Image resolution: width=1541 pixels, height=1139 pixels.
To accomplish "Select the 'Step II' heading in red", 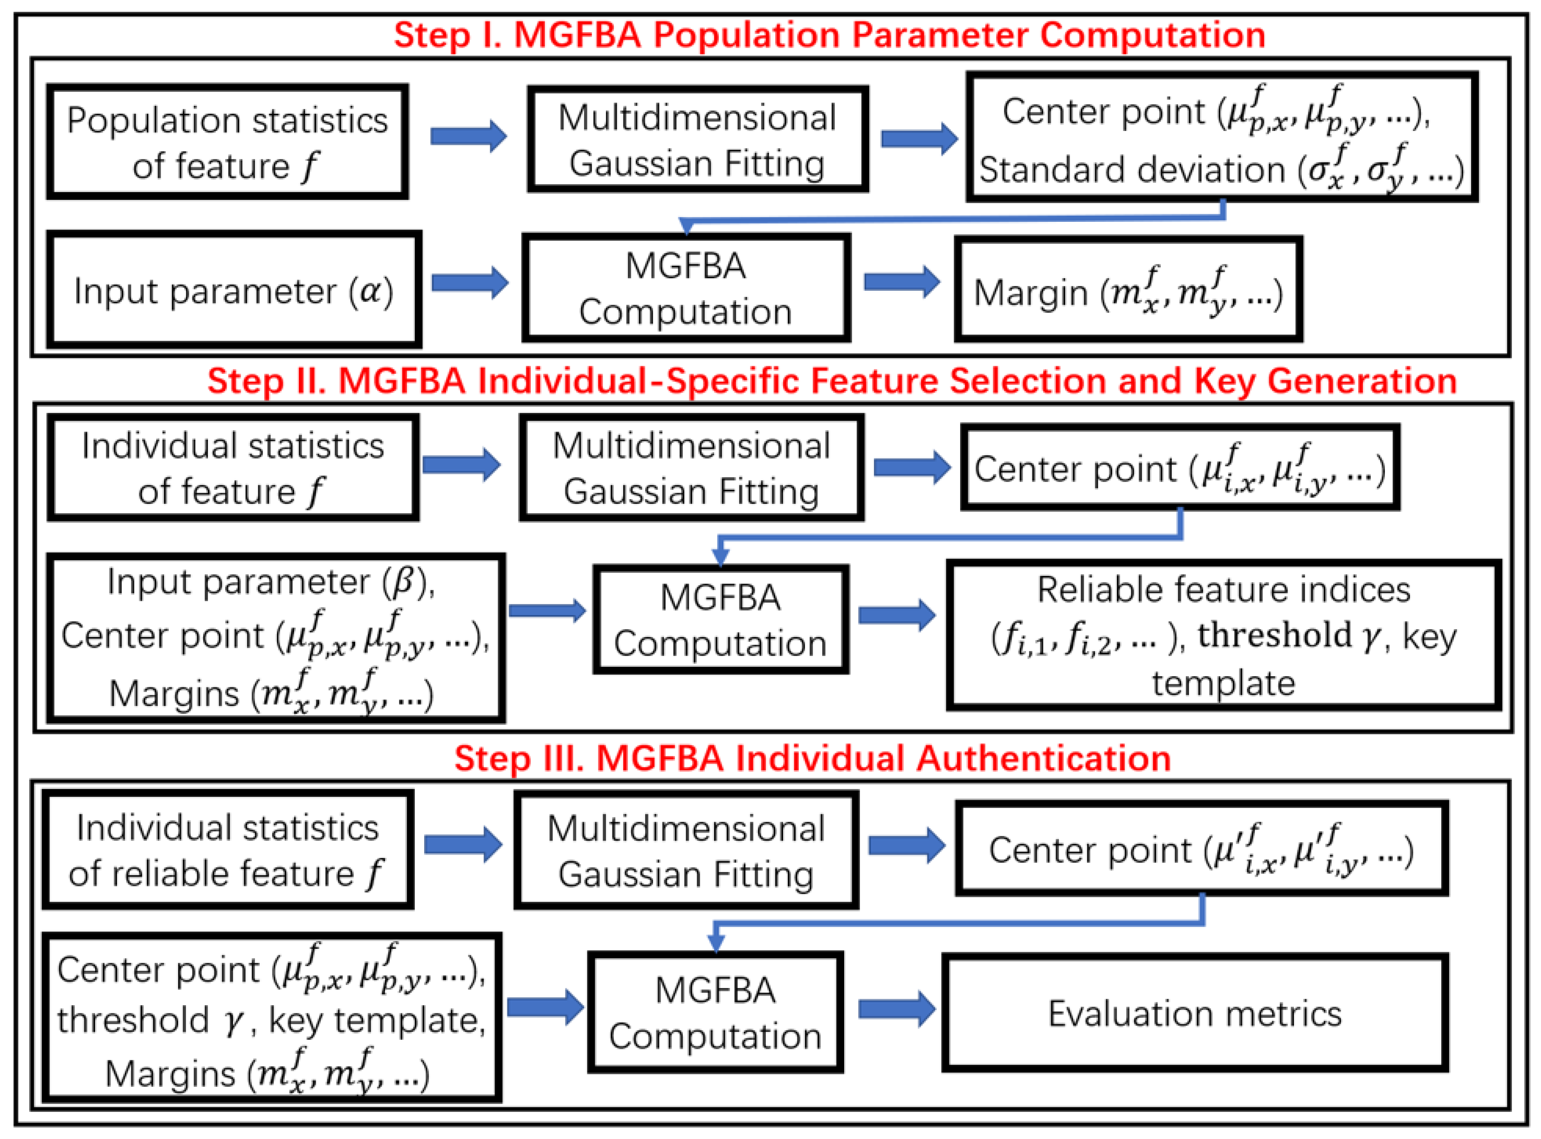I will [x=832, y=381].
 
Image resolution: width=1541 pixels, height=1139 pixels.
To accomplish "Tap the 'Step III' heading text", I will [x=812, y=758].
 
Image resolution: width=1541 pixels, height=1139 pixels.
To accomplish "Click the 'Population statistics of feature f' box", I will [x=227, y=143].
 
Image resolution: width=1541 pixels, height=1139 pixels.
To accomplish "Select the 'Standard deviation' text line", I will [x=1220, y=170].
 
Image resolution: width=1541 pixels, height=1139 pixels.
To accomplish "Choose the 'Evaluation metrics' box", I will [x=1195, y=1014].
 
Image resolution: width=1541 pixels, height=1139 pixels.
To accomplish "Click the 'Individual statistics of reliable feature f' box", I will [x=227, y=850].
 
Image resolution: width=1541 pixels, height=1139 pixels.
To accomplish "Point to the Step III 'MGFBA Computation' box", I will [x=715, y=1013].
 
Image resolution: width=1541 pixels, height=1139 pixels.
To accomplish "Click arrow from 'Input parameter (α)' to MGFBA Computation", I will [x=469, y=283].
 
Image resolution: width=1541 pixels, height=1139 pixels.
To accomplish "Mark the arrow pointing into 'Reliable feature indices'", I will [x=896, y=614].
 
